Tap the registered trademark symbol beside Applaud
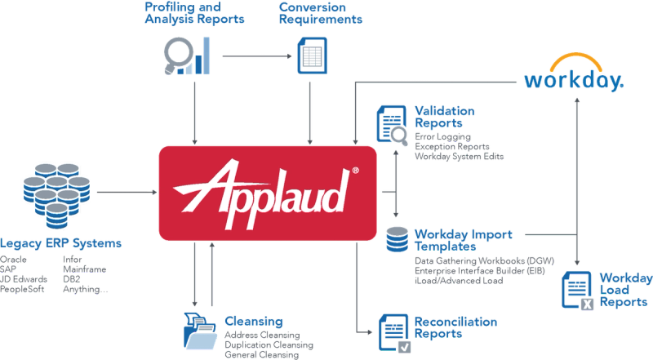point(354,171)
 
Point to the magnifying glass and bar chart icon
point(186,56)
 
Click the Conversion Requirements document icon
point(308,56)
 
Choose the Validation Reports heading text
point(444,118)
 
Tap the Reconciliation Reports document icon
point(394,331)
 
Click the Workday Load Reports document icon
point(579,291)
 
